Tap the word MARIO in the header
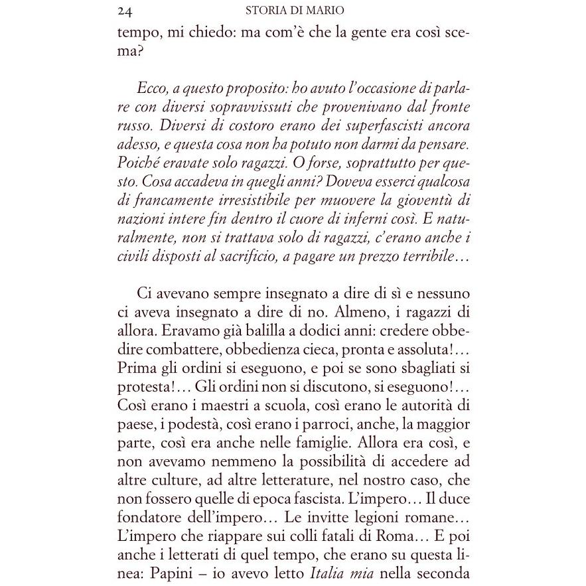325,11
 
